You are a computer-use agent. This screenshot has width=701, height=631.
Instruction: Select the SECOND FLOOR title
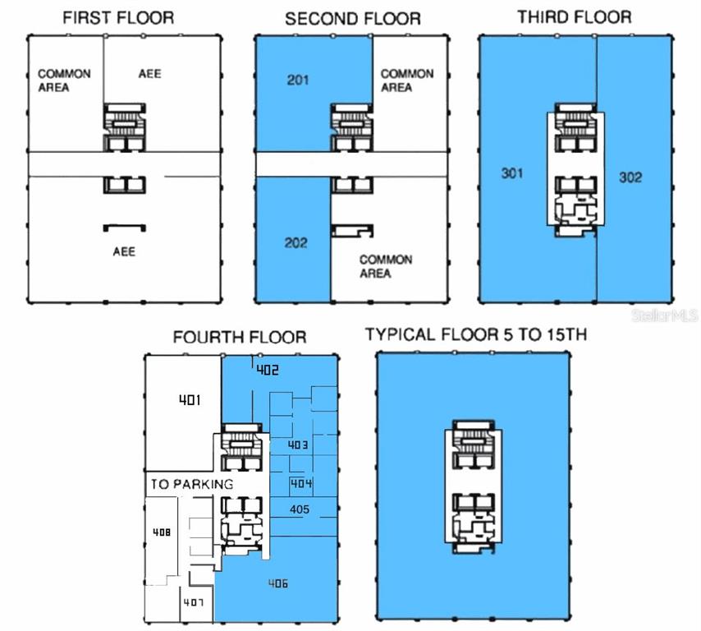[352, 18]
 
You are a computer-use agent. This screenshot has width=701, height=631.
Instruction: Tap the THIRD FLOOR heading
[574, 16]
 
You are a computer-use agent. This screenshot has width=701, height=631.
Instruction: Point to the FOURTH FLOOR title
[240, 337]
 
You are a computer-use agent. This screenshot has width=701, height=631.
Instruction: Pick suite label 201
[298, 81]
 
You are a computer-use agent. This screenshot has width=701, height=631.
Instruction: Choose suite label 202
[296, 242]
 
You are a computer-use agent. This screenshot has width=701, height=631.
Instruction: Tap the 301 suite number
[513, 173]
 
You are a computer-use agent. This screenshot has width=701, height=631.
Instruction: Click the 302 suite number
[630, 177]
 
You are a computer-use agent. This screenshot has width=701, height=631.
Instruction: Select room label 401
[191, 400]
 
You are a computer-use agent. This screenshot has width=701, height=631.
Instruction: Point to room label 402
[268, 370]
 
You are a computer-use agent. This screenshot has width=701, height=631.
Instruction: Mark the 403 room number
[298, 444]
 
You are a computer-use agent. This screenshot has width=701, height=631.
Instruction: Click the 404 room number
[301, 483]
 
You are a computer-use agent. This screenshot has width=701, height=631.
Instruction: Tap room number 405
[300, 509]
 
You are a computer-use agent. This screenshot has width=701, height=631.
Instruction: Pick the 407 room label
[194, 603]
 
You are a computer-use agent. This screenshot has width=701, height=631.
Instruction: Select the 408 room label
[162, 532]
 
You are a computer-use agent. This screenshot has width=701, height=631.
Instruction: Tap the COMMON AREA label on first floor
[64, 80]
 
